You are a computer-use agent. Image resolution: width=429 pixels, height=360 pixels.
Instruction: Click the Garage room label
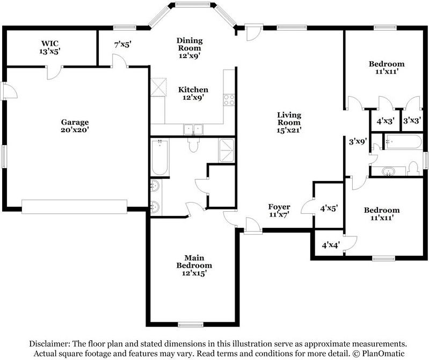point(75,126)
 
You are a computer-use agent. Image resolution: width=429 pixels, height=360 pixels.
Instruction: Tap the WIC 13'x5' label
point(50,47)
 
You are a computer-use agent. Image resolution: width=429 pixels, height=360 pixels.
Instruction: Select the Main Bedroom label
point(194,265)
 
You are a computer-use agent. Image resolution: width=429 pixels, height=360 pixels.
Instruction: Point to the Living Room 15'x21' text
point(289,123)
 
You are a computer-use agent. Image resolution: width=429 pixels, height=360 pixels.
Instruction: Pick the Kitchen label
point(193,93)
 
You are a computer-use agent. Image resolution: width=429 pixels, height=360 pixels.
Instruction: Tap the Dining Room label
point(190,48)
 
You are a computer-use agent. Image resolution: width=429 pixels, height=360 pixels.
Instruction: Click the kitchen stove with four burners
point(229,99)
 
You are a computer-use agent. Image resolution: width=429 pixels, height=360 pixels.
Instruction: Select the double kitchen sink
point(193,129)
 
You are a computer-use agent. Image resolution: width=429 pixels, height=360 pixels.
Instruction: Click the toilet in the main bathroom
point(193,145)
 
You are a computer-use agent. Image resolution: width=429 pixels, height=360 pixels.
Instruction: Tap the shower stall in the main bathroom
point(227,150)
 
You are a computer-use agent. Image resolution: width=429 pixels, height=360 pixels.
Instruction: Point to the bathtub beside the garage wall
point(159,157)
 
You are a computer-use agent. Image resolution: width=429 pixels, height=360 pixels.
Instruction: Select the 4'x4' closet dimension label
point(331,244)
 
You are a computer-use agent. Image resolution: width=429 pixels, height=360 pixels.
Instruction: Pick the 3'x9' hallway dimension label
point(358,141)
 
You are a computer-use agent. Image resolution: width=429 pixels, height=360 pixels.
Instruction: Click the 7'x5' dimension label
point(123,45)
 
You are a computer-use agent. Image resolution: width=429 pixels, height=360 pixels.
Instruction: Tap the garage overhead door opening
point(75,207)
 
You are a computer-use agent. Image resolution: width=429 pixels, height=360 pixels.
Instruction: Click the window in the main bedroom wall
point(191,325)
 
